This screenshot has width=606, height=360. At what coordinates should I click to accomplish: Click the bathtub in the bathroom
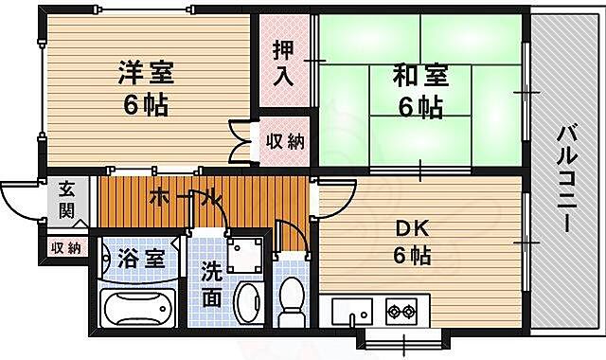point(138,308)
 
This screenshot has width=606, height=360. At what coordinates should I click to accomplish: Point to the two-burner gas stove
point(401,309)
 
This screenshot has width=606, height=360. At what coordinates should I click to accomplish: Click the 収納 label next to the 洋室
point(284,143)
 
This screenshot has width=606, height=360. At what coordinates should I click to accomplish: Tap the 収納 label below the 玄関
point(65,248)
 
